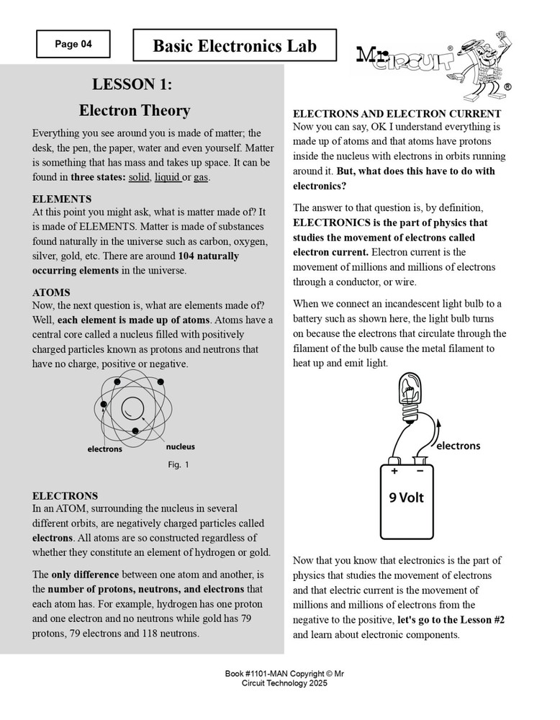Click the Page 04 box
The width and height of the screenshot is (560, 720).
[73, 44]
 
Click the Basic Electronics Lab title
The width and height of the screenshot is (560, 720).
[235, 46]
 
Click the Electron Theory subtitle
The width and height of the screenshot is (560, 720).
[135, 110]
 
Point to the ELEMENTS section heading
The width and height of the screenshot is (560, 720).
[62, 198]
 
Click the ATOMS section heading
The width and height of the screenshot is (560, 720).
[51, 292]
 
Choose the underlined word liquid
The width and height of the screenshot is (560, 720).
[167, 177]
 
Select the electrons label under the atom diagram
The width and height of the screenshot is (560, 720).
[104, 449]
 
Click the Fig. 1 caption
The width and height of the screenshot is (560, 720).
[178, 465]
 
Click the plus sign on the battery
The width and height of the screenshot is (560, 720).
[394, 471]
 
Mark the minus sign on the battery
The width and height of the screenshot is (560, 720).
[420, 471]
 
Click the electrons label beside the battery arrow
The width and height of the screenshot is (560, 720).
[458, 446]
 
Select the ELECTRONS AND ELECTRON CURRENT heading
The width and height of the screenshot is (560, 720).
[397, 114]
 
